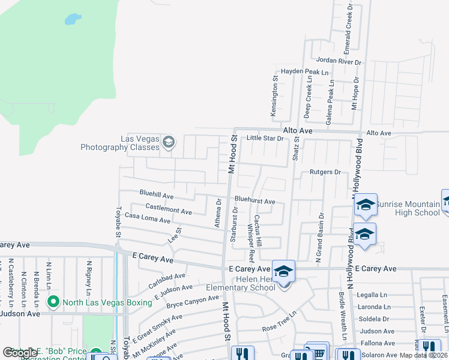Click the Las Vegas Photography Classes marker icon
169,142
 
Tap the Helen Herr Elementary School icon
284,271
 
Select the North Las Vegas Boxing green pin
53,302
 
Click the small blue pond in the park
73,20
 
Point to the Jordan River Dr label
339,61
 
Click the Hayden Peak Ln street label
306,71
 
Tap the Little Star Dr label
265,139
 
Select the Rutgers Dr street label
325,172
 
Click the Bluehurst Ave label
255,202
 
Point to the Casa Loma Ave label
148,219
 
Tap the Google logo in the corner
20,352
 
